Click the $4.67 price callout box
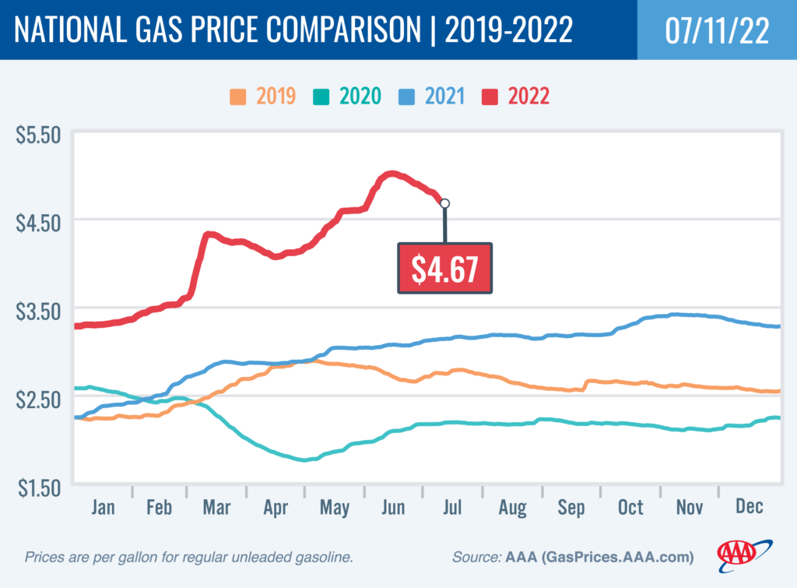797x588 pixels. click(x=445, y=268)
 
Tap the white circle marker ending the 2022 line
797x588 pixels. click(x=444, y=203)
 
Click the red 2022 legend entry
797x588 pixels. click(x=517, y=97)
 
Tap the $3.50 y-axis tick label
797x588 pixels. click(x=38, y=312)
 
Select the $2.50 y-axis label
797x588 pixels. click(x=38, y=400)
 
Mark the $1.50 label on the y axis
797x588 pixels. click(x=38, y=488)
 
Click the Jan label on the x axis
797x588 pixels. click(x=103, y=508)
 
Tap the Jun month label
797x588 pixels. click(x=393, y=508)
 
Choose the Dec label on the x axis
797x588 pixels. click(x=748, y=508)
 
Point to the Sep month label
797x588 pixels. click(x=571, y=508)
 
